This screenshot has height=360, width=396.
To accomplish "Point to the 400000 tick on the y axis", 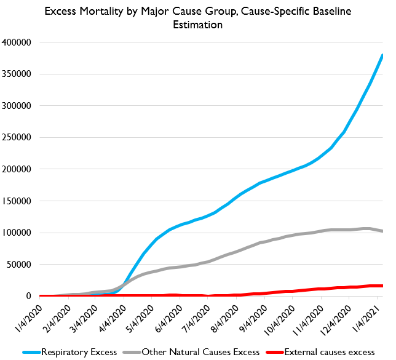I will (x=21, y=42).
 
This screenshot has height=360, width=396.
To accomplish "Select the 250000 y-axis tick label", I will (x=21, y=137).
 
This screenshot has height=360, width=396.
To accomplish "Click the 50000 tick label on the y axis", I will (x=23, y=265).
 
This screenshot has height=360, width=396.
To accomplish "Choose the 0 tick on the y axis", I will (x=33, y=296).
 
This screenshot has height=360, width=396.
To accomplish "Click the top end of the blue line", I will (x=382, y=55).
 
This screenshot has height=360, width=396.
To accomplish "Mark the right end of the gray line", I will (x=382, y=231).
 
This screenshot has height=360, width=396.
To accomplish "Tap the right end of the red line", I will (x=382, y=286).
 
